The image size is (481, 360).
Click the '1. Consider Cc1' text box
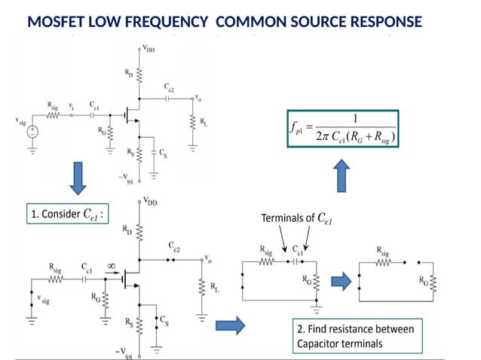(66, 215)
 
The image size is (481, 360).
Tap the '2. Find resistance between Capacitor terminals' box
(358, 337)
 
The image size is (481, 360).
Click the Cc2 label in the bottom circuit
(173, 246)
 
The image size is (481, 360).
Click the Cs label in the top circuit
(164, 152)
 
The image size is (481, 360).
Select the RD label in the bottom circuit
(128, 230)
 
